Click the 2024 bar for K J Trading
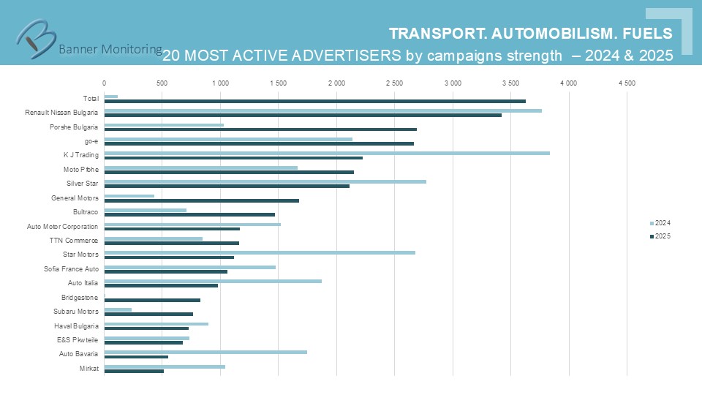(x=327, y=153)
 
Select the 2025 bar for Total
(x=314, y=101)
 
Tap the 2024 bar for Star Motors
(x=260, y=252)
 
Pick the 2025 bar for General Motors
(x=201, y=200)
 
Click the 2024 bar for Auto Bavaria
(x=205, y=352)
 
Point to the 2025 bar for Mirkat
(x=134, y=371)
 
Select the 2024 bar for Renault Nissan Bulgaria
(x=322, y=110)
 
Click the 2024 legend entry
(x=660, y=223)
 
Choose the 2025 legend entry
(x=660, y=236)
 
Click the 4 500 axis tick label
(x=627, y=83)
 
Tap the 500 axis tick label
(x=162, y=83)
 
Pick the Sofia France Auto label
(x=72, y=269)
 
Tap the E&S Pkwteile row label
(x=78, y=340)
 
